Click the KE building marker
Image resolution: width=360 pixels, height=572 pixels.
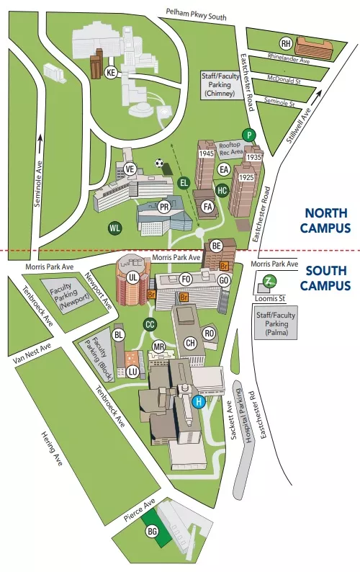pos(111,73)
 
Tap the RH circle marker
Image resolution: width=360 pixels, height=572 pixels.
pos(286,43)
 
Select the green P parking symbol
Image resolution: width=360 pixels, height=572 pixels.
pos(249,135)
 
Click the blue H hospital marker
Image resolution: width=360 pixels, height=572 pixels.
pos(199,402)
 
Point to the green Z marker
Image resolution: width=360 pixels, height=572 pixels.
pos(268,281)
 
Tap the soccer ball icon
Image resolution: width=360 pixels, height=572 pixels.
pos(159,163)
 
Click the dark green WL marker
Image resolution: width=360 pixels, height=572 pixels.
pos(114,228)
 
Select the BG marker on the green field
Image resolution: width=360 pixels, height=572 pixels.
pos(152,532)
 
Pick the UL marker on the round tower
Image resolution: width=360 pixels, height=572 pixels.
pos(132,277)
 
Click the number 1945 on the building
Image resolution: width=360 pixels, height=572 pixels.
pos(206,153)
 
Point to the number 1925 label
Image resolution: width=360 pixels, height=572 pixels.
pos(247,176)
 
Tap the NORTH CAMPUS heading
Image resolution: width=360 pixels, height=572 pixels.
pos(327,220)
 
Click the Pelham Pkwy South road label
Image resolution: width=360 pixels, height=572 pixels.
pos(196,12)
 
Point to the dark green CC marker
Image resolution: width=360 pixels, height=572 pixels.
pos(150,324)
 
